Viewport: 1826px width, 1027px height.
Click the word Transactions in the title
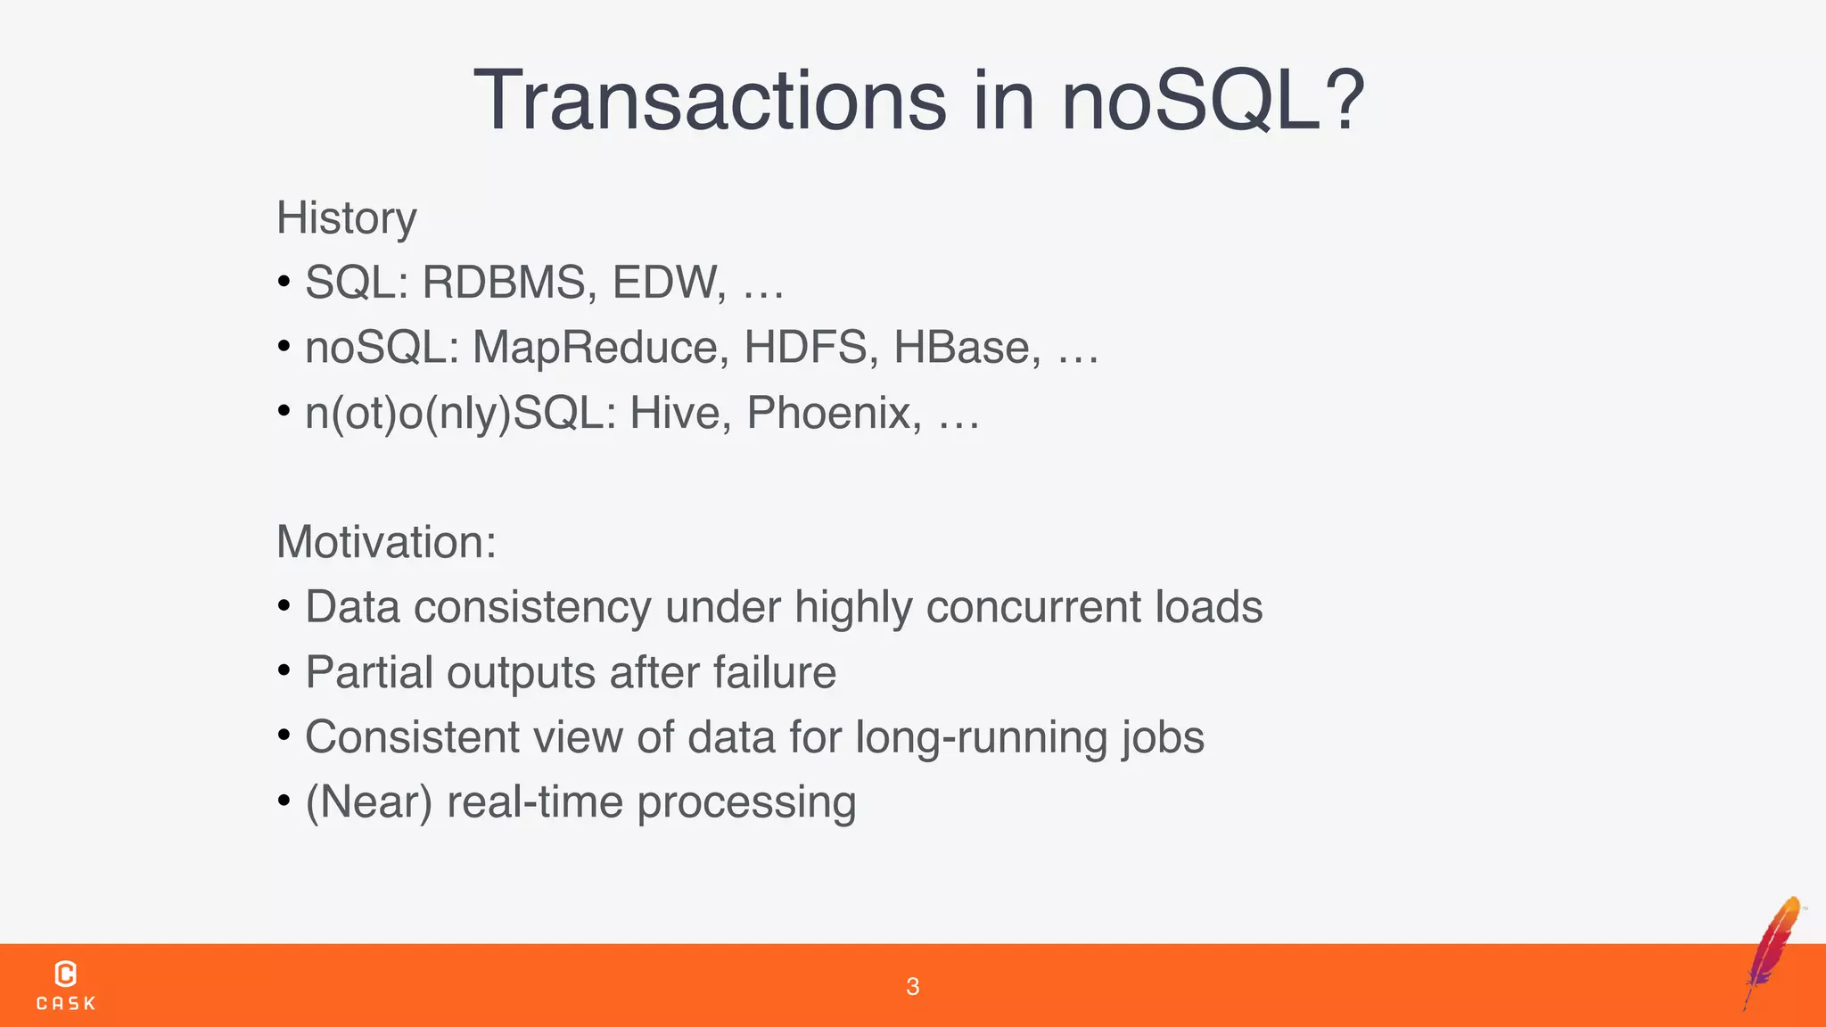tap(710, 101)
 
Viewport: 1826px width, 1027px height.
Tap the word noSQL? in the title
tap(1213, 101)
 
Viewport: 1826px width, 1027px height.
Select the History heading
tap(347, 218)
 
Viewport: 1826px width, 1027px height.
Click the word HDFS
tap(805, 348)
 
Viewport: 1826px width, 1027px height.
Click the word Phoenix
tap(834, 413)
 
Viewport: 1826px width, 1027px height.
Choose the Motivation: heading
tap(386, 542)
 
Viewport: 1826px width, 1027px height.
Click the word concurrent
tap(1033, 607)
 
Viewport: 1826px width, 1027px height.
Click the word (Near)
tap(369, 802)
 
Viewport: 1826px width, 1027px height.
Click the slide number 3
tap(912, 986)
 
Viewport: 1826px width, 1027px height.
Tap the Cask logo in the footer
tap(66, 985)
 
